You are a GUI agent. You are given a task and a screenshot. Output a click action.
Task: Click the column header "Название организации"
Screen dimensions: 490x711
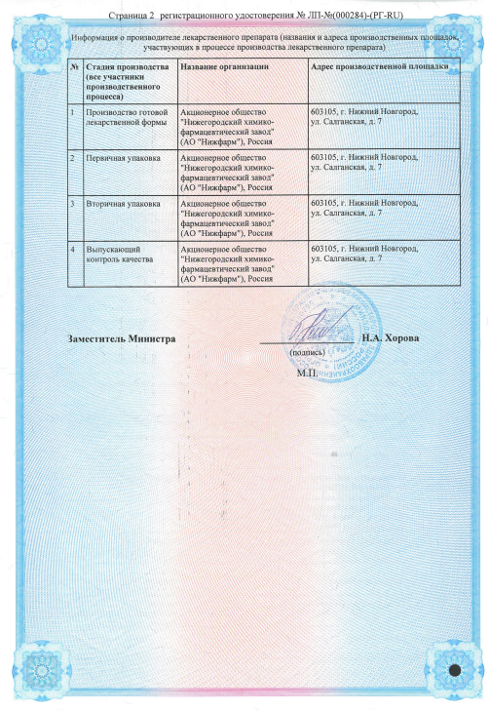click(x=224, y=65)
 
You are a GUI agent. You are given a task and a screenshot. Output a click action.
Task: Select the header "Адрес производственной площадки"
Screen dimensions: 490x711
click(x=378, y=65)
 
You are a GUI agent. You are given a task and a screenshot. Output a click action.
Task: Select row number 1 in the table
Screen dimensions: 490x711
click(x=76, y=112)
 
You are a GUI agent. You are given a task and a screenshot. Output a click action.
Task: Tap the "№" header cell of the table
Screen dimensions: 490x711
click(x=76, y=65)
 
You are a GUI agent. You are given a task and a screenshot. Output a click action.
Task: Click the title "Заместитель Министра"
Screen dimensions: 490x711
click(x=122, y=338)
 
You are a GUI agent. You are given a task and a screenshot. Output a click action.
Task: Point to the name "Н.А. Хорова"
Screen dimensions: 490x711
click(x=390, y=338)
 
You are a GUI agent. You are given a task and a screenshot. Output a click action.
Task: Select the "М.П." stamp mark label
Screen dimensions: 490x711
click(x=308, y=373)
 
